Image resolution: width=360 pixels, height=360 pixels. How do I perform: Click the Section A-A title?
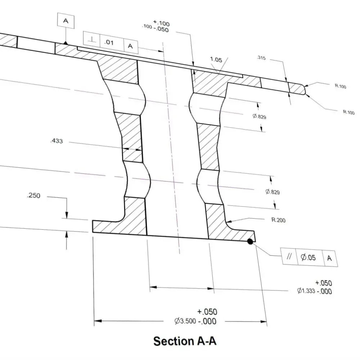click(x=185, y=341)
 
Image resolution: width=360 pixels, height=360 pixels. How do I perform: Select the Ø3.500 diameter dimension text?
click(x=185, y=321)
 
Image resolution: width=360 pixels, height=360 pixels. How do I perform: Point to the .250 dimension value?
click(x=33, y=196)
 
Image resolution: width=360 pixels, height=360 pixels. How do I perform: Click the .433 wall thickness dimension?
click(x=56, y=141)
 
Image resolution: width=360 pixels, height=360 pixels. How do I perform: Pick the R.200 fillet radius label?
click(x=278, y=220)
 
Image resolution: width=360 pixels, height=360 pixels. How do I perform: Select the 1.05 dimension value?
click(x=216, y=60)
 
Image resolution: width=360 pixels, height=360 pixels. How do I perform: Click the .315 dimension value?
click(x=261, y=58)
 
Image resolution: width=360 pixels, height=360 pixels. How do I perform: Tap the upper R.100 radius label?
click(x=339, y=86)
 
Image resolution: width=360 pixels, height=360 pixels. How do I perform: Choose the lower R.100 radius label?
click(x=348, y=112)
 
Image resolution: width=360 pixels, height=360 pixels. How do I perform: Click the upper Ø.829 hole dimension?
click(x=259, y=116)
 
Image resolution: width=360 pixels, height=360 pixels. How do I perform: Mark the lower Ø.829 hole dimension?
click(x=273, y=192)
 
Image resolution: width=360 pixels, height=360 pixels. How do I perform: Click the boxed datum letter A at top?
click(x=66, y=21)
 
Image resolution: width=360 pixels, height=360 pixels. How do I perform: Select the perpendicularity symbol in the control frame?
click(x=92, y=42)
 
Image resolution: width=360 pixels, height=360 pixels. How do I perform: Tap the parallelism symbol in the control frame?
click(x=289, y=257)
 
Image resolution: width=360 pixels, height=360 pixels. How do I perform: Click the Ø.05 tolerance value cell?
click(x=308, y=257)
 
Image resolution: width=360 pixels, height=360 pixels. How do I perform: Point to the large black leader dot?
click(x=249, y=242)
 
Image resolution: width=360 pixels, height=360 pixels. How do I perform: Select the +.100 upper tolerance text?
click(x=162, y=24)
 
